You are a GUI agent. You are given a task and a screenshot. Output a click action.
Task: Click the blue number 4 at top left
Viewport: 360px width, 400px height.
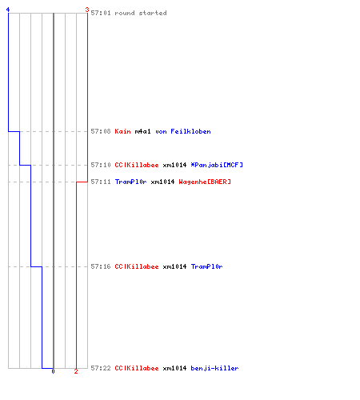click(8, 10)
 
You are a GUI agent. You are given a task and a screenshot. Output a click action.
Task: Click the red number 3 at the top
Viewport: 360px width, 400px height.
click(87, 10)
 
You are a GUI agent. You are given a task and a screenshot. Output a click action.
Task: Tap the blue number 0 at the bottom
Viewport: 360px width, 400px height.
click(53, 371)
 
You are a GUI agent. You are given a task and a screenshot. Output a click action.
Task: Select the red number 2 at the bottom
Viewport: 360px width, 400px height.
click(76, 371)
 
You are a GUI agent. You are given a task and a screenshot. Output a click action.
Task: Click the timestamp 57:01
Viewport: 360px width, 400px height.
click(101, 13)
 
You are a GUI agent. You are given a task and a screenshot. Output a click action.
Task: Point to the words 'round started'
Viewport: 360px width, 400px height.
click(141, 13)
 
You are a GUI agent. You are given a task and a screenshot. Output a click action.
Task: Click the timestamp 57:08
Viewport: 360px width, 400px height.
click(101, 131)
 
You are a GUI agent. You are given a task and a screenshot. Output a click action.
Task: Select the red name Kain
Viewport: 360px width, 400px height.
click(122, 131)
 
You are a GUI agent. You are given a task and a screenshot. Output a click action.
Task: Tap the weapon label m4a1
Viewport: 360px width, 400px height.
click(142, 131)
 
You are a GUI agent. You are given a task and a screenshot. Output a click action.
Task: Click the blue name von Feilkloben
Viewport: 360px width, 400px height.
click(183, 131)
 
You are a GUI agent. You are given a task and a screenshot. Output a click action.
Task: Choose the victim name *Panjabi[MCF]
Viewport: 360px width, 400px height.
click(217, 165)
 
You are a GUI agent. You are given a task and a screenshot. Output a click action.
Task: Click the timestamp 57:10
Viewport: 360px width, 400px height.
click(101, 165)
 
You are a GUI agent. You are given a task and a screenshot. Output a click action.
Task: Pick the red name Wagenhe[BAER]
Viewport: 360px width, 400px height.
click(205, 182)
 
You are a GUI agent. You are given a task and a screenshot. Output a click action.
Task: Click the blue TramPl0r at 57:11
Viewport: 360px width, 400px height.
click(130, 182)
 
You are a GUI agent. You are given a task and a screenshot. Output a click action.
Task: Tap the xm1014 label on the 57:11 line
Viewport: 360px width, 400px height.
click(162, 182)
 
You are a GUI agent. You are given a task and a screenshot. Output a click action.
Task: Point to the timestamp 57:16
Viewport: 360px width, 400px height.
click(101, 266)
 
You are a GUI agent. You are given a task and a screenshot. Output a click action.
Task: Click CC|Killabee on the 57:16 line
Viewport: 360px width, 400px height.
click(137, 266)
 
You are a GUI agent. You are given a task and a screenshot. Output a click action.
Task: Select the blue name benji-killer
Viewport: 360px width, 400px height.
click(214, 368)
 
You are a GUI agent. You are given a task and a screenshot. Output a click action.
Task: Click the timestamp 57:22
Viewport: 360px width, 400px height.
click(101, 368)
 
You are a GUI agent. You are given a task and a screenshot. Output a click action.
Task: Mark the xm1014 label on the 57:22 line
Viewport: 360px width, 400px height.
click(174, 368)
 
